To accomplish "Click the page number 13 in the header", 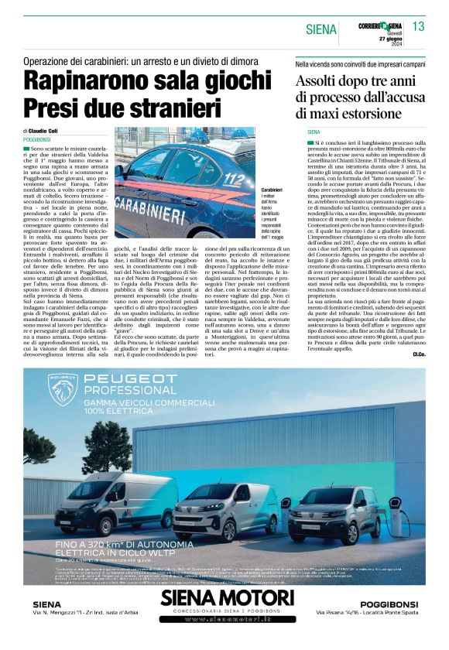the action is (x=418, y=26).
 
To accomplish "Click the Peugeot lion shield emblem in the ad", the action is (x=63, y=388).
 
